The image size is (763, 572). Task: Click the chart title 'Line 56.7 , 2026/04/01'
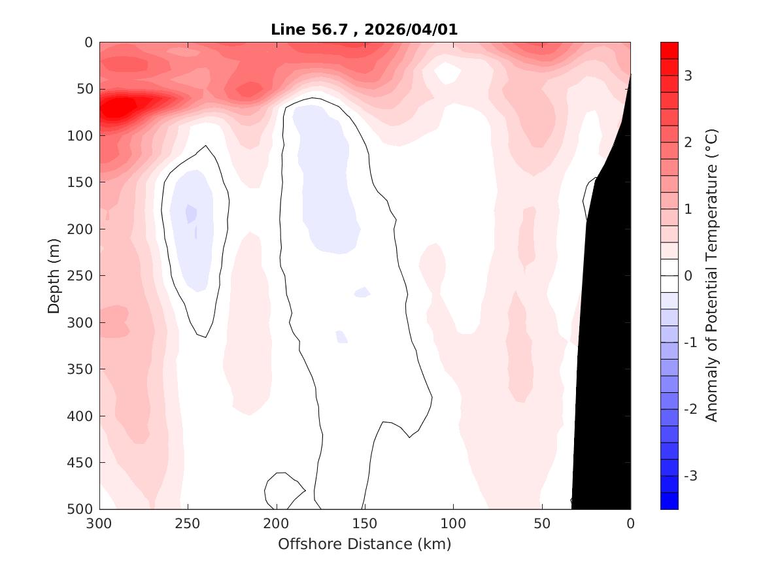tap(365, 29)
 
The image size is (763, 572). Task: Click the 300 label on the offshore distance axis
tap(100, 524)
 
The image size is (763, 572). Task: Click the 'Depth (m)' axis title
tap(54, 276)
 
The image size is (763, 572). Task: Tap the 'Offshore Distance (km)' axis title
tap(365, 544)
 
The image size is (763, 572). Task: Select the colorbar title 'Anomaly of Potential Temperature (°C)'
tap(712, 276)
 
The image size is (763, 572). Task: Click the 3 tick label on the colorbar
tap(688, 76)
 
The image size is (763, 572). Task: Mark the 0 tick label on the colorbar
tap(688, 276)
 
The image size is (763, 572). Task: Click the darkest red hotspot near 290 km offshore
tap(118, 107)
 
